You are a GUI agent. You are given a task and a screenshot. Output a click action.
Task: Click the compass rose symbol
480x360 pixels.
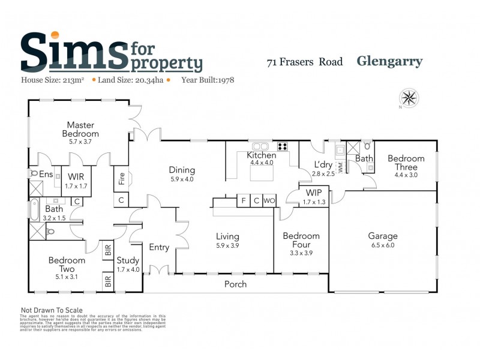(x=409, y=97)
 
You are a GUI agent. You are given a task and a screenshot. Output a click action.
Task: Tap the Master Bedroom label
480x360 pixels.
(x=83, y=129)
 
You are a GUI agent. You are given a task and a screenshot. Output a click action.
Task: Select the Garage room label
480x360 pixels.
(x=382, y=236)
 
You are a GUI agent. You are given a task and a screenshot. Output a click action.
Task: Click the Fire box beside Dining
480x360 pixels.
(x=121, y=178)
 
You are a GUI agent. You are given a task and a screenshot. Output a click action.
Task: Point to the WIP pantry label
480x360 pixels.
(x=314, y=193)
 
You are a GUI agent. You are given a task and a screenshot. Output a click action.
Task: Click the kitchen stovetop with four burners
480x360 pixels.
(x=283, y=146)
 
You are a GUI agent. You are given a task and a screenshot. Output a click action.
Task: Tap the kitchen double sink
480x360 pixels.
(x=261, y=146)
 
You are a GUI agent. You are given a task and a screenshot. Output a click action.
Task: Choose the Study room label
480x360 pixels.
(x=128, y=260)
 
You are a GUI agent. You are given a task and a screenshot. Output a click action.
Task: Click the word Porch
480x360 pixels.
(x=235, y=284)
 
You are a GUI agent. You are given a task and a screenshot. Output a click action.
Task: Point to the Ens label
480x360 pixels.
(x=46, y=175)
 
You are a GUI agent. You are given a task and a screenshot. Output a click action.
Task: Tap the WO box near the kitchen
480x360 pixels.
(x=269, y=200)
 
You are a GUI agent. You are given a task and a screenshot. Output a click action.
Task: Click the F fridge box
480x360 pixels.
(x=243, y=200)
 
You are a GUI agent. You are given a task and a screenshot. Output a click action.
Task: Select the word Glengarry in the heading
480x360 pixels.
(x=389, y=61)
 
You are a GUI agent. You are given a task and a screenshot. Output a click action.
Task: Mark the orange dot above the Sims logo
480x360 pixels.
(x=55, y=35)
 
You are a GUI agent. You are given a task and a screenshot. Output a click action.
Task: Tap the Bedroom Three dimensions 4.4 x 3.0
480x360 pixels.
(x=406, y=167)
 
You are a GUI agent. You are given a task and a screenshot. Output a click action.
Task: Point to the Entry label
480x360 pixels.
(x=159, y=247)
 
